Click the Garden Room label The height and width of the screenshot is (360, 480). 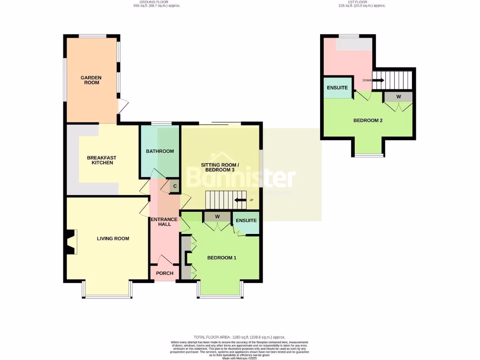point(91,81)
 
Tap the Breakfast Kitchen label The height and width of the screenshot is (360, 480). point(101,160)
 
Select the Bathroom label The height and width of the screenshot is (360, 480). point(160,151)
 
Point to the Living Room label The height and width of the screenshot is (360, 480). point(113,239)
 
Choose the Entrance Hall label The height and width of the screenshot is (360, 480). point(164,222)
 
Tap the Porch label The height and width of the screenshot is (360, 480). point(165,273)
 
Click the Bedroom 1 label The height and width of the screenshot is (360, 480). point(222,257)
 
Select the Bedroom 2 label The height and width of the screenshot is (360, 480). point(368,120)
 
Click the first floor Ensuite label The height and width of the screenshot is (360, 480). point(337,88)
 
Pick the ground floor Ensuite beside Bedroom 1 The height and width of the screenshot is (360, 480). point(247,220)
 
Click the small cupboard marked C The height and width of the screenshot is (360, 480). point(174,186)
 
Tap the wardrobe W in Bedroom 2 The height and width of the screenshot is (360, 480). point(398,97)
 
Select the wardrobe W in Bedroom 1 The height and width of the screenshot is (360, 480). point(217,217)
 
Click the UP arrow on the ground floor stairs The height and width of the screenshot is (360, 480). point(241,200)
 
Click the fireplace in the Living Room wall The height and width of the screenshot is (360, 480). point(70,242)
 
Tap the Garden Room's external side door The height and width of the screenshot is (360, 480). point(122,107)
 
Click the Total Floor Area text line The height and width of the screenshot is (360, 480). point(240,337)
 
